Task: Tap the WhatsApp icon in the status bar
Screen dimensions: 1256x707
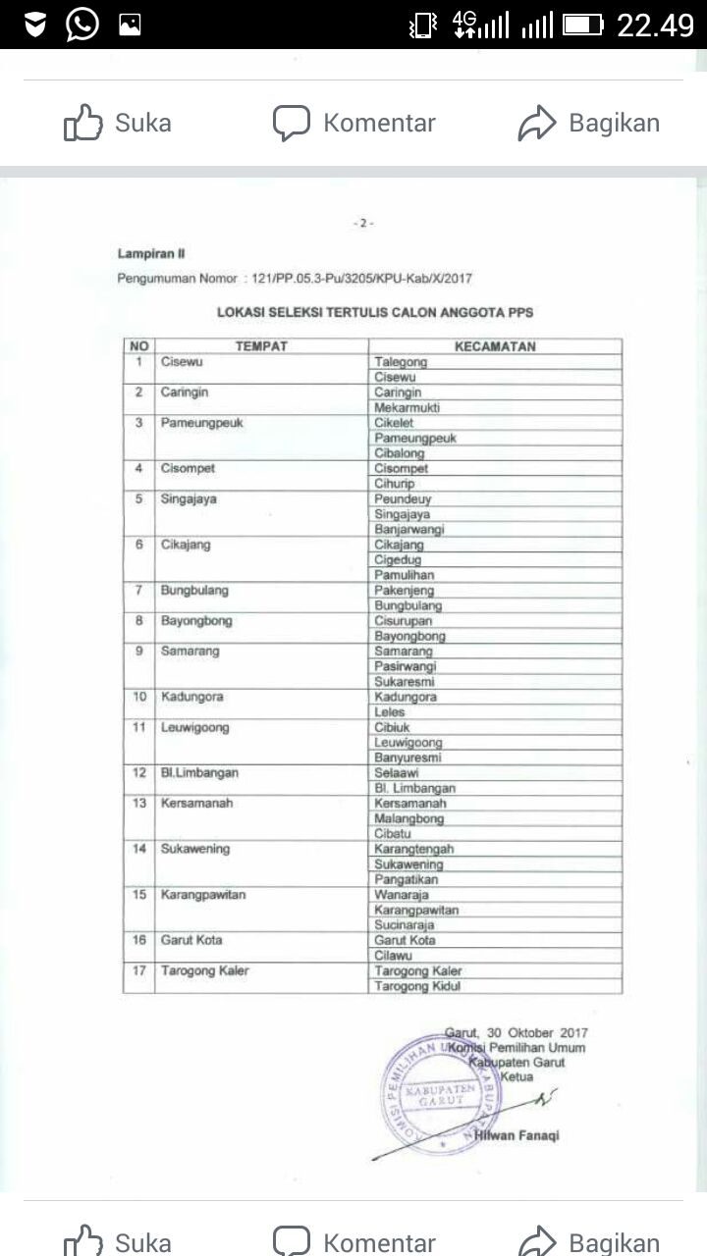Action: tap(82, 24)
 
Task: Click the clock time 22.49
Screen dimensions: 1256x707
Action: tap(655, 25)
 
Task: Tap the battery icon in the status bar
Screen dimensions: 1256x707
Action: tap(582, 25)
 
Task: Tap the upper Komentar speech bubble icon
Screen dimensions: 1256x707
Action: tap(292, 124)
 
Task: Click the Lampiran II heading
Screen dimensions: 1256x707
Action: tap(144, 254)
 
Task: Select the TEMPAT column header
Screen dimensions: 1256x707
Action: tap(260, 346)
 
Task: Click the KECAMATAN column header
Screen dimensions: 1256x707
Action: tap(495, 346)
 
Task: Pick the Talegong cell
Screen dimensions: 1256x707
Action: tap(401, 362)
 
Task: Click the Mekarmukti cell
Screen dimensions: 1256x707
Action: tap(407, 407)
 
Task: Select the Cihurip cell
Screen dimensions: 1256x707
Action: tap(395, 484)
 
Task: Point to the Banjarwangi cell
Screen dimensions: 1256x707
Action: tap(409, 529)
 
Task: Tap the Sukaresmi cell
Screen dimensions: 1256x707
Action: tap(406, 682)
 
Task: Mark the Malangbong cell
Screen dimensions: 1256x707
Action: tap(409, 818)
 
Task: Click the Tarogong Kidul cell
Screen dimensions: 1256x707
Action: tap(417, 986)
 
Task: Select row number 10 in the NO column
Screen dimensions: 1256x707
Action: tap(139, 697)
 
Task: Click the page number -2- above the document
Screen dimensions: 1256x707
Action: tap(363, 224)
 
